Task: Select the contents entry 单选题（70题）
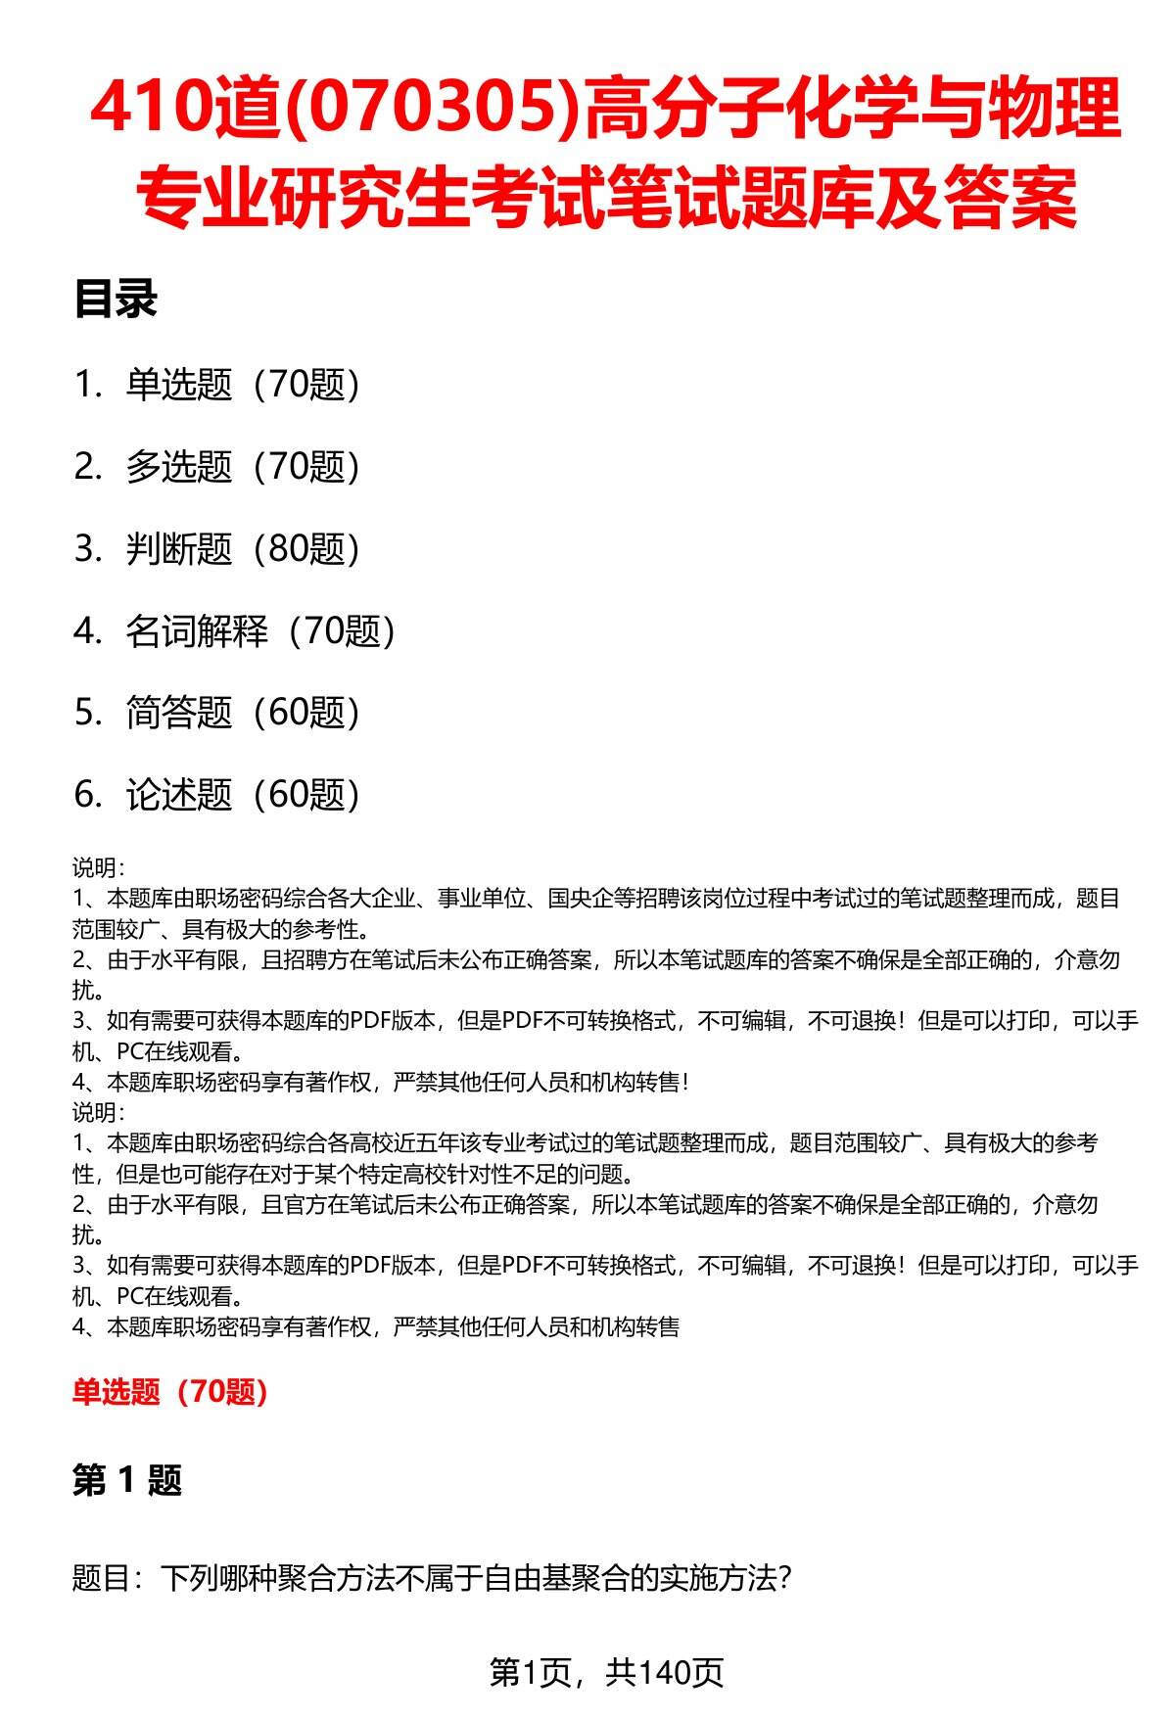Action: pyautogui.click(x=242, y=385)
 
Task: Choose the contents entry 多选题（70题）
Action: pyautogui.click(x=242, y=467)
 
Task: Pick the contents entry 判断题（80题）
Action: pyautogui.click(x=242, y=549)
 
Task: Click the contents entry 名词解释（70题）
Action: pyautogui.click(x=259, y=631)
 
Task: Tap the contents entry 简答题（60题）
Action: pyautogui.click(x=242, y=713)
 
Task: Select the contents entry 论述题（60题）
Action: pyautogui.click(x=242, y=795)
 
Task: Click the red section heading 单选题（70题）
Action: pyautogui.click(x=170, y=1391)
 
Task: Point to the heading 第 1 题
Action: pyautogui.click(x=127, y=1479)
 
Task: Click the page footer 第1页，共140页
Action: pyautogui.click(x=606, y=1673)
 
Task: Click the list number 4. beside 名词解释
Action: pyautogui.click(x=87, y=631)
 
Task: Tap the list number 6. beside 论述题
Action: pyautogui.click(x=87, y=795)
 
